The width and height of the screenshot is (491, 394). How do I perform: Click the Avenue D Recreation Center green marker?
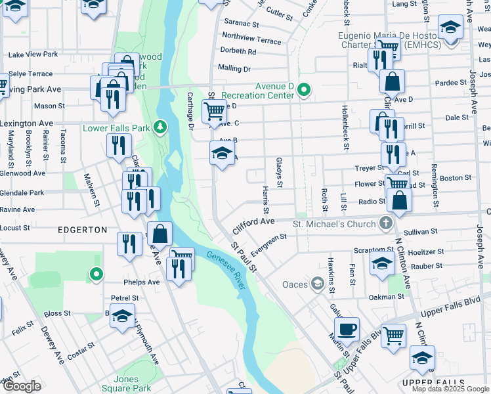[303, 90]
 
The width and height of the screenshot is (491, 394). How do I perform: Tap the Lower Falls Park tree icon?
[159, 127]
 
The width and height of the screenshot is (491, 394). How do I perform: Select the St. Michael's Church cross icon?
[385, 224]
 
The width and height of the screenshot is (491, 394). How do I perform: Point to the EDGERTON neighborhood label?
[82, 230]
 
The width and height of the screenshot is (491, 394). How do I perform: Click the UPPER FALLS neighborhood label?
[433, 383]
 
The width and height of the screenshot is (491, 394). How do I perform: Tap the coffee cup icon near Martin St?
[347, 328]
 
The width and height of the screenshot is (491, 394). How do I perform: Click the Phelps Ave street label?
[144, 282]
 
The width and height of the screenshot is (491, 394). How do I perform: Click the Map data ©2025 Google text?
[450, 389]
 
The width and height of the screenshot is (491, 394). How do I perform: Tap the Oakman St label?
[387, 296]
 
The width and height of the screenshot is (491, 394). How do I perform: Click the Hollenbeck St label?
[343, 124]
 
